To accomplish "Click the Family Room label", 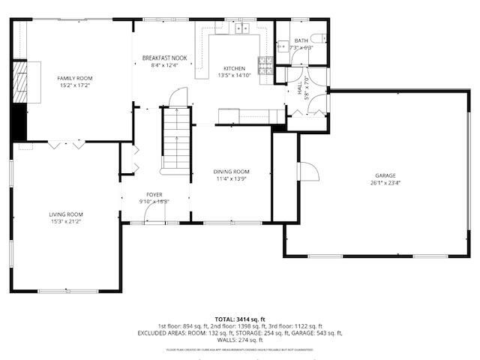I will [x=75, y=78].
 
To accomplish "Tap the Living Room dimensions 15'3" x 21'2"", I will [x=66, y=221].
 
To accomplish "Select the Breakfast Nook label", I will [x=165, y=58].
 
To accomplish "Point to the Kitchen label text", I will [x=234, y=68].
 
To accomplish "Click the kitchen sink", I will [x=242, y=29].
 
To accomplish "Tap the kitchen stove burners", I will [x=265, y=66].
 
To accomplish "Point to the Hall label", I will [x=299, y=88].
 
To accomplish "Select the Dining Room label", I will [x=232, y=172].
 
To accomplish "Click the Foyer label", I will [x=154, y=194].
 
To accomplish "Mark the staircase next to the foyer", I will [x=177, y=139].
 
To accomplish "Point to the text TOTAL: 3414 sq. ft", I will [x=239, y=319].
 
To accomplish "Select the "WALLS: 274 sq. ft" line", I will [x=239, y=340].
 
